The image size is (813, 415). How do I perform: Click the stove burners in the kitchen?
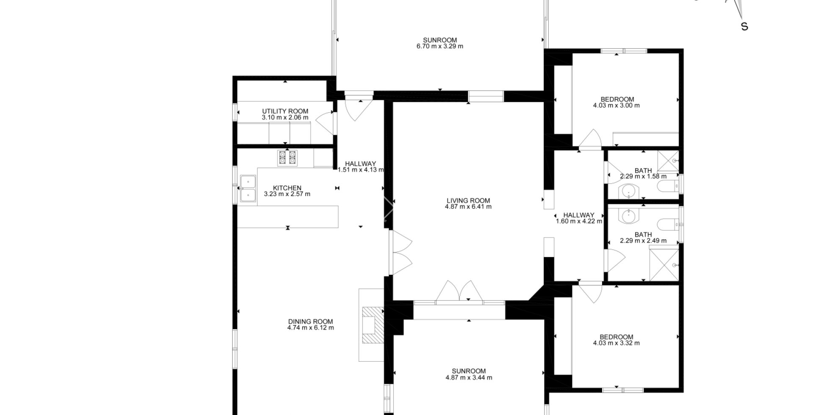pos(288,158)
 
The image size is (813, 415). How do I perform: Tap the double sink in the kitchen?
pos(248,188)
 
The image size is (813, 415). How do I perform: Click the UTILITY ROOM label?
pos(285,111)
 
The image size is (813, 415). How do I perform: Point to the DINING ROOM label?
pos(311,321)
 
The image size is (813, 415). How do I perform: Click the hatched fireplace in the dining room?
pos(373,325)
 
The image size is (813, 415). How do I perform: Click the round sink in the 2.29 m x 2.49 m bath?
pos(629,217)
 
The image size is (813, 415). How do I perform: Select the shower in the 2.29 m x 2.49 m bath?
pos(664,265)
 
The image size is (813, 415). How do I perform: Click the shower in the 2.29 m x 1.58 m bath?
pos(668,161)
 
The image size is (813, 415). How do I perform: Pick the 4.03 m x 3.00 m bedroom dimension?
pos(617,105)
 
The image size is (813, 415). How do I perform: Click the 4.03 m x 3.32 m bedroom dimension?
pos(617,343)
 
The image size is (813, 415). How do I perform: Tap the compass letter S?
pos(744,27)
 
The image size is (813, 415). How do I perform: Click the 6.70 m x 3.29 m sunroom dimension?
pos(440,46)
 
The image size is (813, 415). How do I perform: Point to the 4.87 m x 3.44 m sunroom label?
pos(469,371)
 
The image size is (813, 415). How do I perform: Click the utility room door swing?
pos(325,123)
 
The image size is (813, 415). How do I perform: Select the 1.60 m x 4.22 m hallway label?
pos(579,215)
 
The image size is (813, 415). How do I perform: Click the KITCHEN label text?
pos(287,188)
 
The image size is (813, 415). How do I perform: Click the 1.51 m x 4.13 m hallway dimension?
pos(361,170)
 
